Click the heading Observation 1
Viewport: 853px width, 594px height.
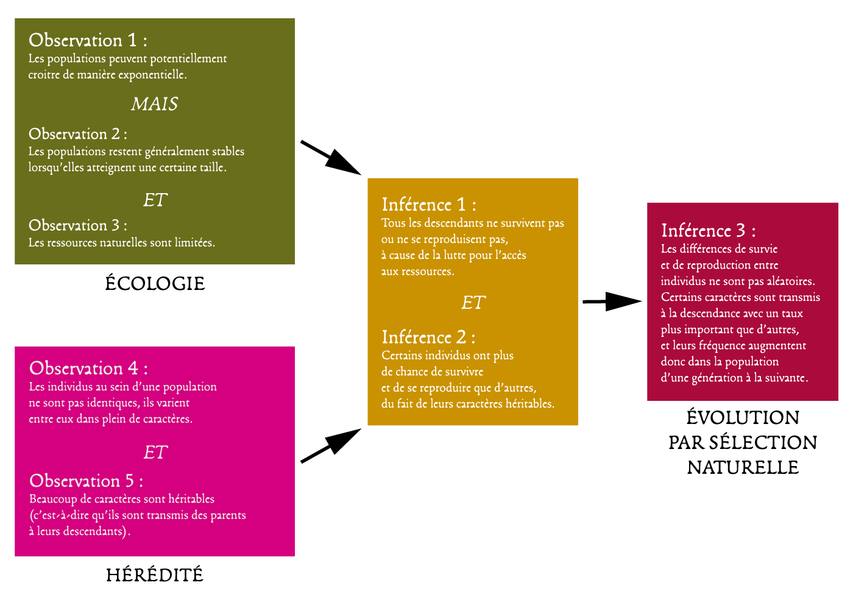(x=88, y=40)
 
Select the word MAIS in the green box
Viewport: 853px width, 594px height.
(x=155, y=104)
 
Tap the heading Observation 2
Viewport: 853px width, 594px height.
(x=77, y=134)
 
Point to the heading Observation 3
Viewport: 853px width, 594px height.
(x=77, y=225)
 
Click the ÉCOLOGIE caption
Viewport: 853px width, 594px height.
(x=155, y=283)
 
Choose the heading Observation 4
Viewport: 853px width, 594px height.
(x=88, y=369)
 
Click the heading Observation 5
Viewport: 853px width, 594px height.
(x=86, y=481)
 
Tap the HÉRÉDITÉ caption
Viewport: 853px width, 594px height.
(x=155, y=575)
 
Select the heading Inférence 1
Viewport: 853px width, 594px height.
(x=429, y=205)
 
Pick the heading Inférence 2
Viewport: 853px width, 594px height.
(x=428, y=338)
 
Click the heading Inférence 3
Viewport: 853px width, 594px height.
(x=709, y=231)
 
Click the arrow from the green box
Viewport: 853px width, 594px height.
(x=331, y=158)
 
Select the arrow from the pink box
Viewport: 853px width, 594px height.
(x=331, y=446)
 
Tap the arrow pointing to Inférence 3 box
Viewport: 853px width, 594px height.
(x=612, y=301)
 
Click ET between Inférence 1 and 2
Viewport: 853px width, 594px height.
(x=473, y=303)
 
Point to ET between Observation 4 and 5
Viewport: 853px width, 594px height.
(x=155, y=453)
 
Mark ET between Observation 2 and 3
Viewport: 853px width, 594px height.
(x=155, y=200)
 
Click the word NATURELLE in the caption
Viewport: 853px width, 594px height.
(x=743, y=467)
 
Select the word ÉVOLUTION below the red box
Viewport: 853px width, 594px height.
(x=743, y=417)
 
